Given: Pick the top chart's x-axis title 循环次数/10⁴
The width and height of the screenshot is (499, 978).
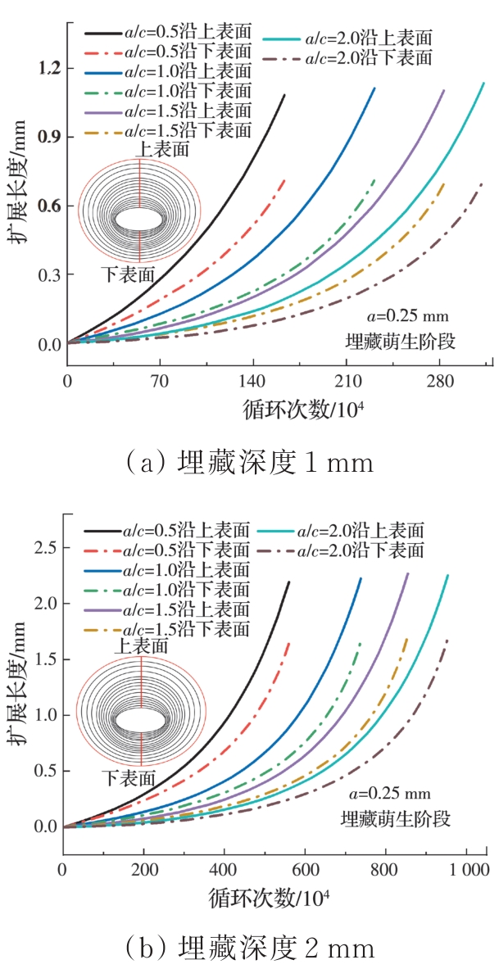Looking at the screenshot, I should point(303,409).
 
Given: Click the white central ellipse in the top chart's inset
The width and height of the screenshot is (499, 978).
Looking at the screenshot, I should point(139,220).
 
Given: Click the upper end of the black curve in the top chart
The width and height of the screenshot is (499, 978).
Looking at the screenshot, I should point(284,96).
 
